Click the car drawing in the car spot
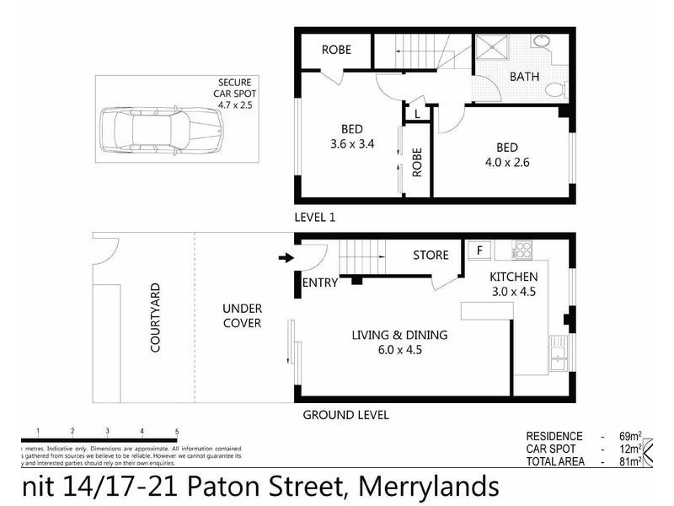click(x=161, y=131)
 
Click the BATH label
click(x=525, y=77)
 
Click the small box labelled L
click(x=417, y=112)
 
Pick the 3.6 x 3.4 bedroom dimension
click(x=352, y=143)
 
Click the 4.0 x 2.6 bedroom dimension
click(x=506, y=162)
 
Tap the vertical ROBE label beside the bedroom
click(x=417, y=163)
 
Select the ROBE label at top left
click(x=336, y=50)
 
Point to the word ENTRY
click(x=319, y=283)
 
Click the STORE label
click(x=430, y=255)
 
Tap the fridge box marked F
click(x=479, y=250)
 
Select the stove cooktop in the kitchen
click(x=522, y=250)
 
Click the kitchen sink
click(x=558, y=353)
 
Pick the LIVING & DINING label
click(x=399, y=335)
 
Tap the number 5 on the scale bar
click(x=177, y=432)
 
